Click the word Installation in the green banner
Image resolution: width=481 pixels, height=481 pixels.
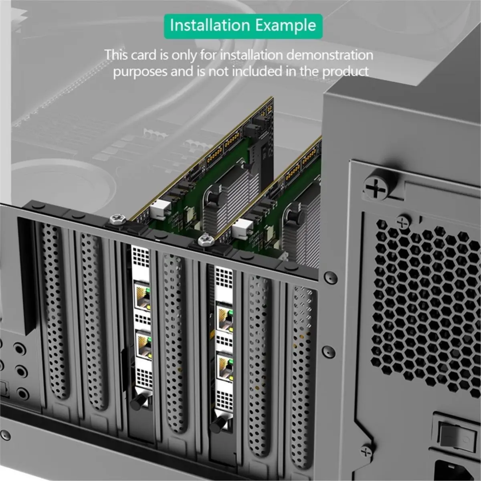210,25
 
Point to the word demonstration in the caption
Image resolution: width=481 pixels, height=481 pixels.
329,55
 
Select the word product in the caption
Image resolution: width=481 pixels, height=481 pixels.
345,72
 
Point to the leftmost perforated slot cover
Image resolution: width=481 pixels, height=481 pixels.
54,309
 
